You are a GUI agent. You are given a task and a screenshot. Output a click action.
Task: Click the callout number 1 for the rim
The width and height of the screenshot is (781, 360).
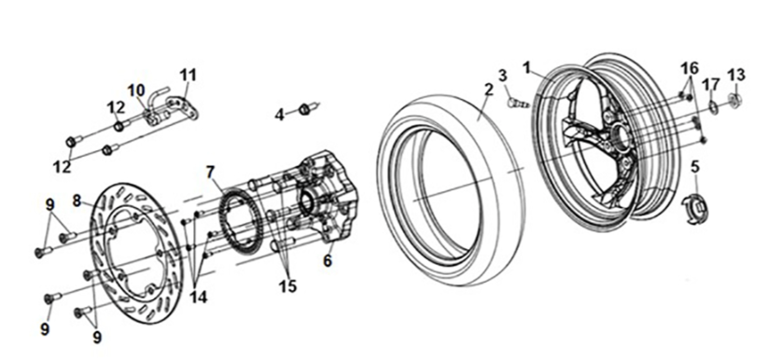click(527, 67)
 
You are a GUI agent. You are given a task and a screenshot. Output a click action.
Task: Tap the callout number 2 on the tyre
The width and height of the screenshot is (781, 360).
click(489, 90)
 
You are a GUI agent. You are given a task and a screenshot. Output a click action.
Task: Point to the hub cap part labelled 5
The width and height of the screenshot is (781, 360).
click(696, 208)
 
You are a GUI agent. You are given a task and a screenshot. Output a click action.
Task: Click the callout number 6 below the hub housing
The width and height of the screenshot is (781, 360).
click(328, 260)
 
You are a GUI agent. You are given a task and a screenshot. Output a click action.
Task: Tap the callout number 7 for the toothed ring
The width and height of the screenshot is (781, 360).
click(210, 173)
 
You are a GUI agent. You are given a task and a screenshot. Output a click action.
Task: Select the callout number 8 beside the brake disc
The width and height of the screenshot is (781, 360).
click(77, 201)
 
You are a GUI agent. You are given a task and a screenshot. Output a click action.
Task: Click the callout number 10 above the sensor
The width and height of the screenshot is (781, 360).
click(136, 91)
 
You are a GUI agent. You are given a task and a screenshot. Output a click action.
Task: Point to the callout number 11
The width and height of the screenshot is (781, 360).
click(188, 76)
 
